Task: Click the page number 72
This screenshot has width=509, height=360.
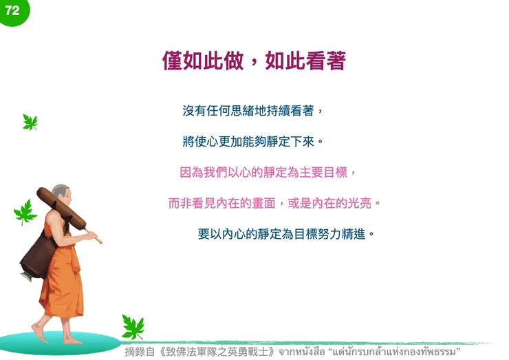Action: pyautogui.click(x=12, y=10)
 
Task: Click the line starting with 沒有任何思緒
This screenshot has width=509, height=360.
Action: pyautogui.click(x=252, y=110)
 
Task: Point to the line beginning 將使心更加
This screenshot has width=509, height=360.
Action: pyautogui.click(x=252, y=142)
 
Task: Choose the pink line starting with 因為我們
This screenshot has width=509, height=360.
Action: pyautogui.click(x=269, y=172)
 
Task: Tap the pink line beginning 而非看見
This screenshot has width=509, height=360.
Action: pyautogui.click(x=274, y=203)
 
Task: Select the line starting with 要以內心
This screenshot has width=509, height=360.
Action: pyautogui.click(x=286, y=233)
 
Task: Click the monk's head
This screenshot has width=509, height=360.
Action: pyautogui.click(x=61, y=195)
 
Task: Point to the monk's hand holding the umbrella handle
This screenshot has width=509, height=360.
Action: pyautogui.click(x=90, y=235)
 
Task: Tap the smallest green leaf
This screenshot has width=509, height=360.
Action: pyautogui.click(x=30, y=123)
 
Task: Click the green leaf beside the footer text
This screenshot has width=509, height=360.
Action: pyautogui.click(x=132, y=327)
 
